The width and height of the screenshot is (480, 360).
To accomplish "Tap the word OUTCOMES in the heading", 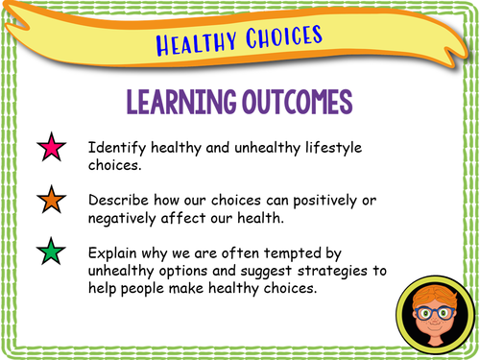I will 293,104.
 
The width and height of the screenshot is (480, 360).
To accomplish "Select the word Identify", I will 117,150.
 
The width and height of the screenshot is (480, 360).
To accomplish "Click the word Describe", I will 122,202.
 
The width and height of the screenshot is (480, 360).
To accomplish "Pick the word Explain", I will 116,254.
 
